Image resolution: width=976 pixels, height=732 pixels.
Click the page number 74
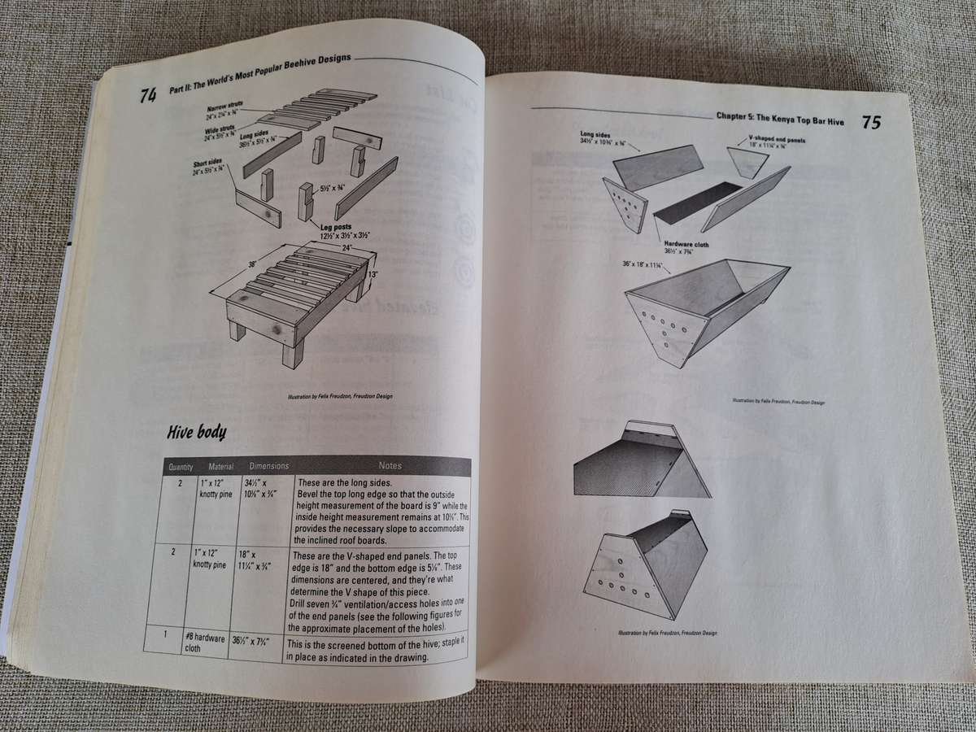coord(147,96)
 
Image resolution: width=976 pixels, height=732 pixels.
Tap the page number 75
coord(870,123)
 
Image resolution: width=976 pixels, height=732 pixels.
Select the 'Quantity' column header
coord(180,467)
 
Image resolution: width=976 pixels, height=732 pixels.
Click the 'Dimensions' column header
coord(268,466)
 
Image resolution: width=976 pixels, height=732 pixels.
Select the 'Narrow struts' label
coord(222,107)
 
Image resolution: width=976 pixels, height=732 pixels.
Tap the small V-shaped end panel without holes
coord(747,163)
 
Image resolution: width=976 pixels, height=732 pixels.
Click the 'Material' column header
coord(220,467)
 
